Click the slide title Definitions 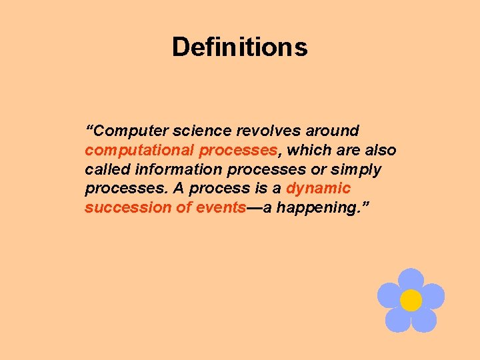tap(240, 47)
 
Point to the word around tap(331, 131)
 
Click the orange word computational tap(139, 151)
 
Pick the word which tap(305, 150)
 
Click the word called tap(107, 169)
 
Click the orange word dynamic tap(318, 189)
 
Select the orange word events tap(221, 207)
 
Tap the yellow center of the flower tap(411, 300)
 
